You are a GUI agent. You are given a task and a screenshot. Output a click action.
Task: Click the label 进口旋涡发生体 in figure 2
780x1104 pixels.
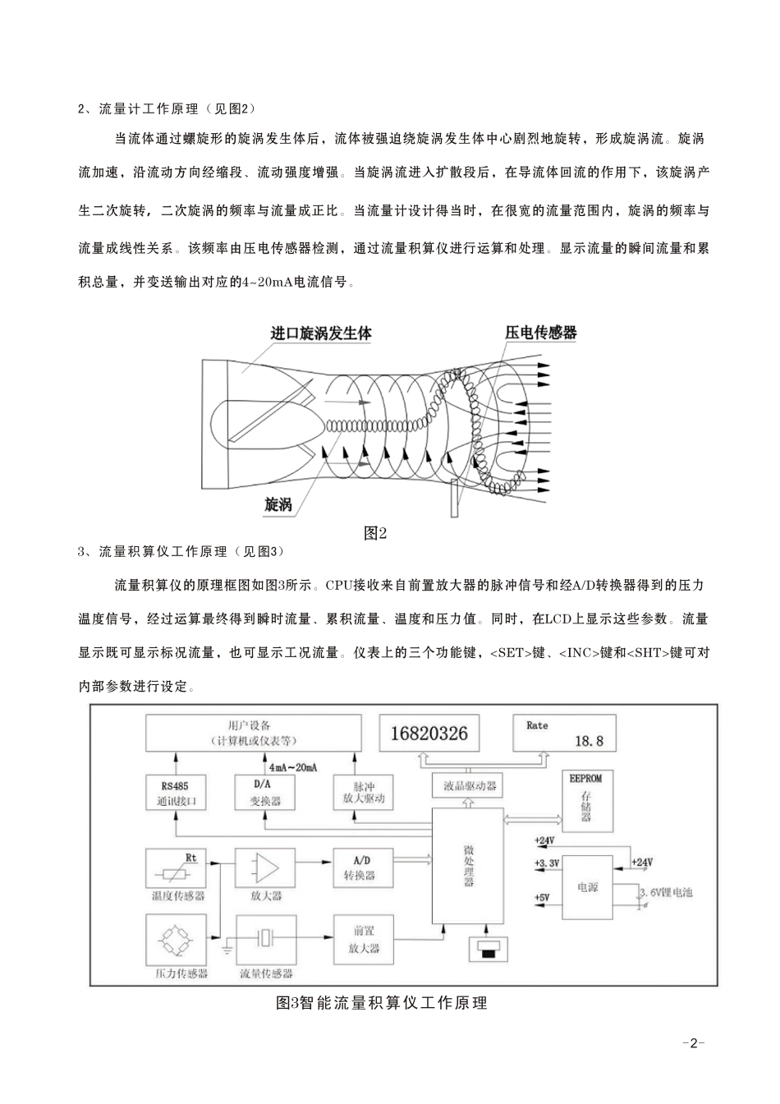[321, 334]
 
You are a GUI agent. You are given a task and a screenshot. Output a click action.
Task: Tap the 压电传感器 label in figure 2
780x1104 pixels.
[540, 333]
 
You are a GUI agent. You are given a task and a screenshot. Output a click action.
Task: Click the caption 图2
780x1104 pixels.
[375, 532]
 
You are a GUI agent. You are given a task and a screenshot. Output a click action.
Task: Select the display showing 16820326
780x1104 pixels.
[429, 733]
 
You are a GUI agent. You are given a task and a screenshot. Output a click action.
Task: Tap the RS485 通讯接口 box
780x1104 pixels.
[176, 793]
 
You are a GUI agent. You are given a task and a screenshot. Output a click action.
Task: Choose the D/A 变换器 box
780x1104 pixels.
[264, 793]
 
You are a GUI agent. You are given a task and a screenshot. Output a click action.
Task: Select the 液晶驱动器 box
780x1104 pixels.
[470, 786]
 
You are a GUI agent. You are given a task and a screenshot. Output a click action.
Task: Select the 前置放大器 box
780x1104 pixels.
[362, 940]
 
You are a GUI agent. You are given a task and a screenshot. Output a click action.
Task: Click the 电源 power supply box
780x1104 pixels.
[588, 888]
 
